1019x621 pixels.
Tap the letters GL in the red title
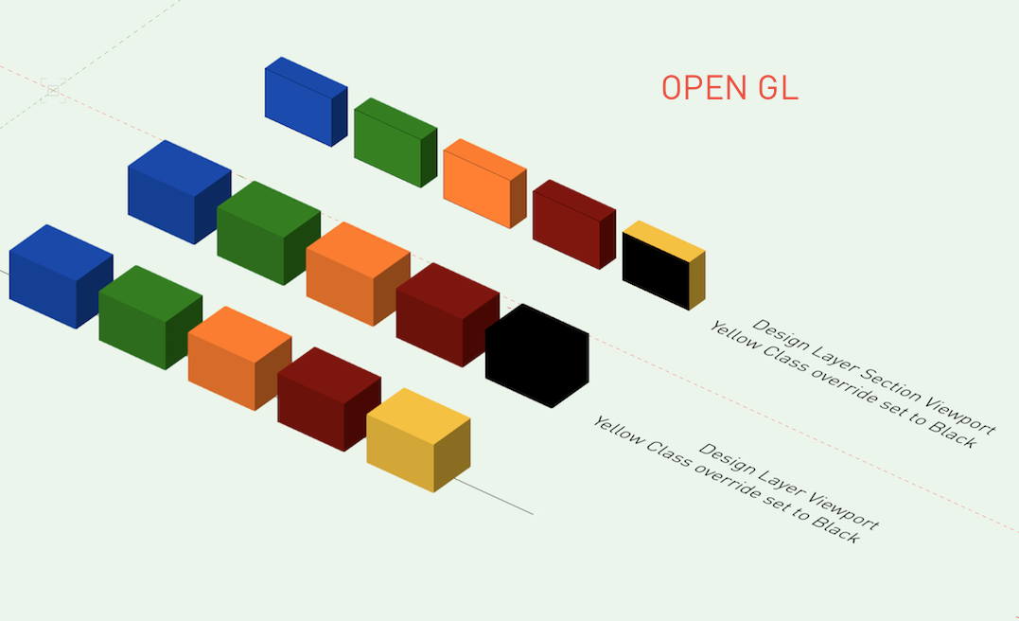[778, 88]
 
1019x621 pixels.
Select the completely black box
[536, 356]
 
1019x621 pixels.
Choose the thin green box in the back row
[395, 143]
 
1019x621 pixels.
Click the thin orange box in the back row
[483, 184]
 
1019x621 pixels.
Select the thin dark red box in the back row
[572, 224]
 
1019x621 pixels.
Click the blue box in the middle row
[178, 192]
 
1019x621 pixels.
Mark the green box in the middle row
[268, 233]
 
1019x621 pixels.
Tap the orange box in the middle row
[357, 275]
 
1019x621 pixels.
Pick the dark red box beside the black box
[447, 315]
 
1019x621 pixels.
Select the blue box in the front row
[60, 276]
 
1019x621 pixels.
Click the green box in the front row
[149, 317]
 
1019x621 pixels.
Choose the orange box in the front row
[238, 358]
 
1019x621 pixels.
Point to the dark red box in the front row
[328, 399]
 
